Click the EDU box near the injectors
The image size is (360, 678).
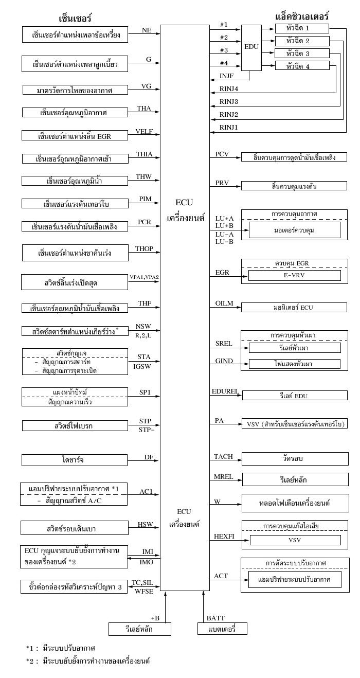tap(251, 47)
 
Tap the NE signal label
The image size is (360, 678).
tap(146, 31)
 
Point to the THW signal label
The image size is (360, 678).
tap(143, 177)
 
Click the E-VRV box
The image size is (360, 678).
tap(295, 276)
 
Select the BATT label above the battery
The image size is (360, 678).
tap(215, 618)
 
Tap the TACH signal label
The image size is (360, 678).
tap(224, 457)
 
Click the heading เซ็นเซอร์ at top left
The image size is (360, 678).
tap(75, 19)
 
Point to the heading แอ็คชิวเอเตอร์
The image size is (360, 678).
tap(302, 16)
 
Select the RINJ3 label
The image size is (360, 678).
tap(229, 101)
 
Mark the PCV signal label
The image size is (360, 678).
tap(222, 154)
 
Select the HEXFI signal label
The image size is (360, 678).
tap(225, 537)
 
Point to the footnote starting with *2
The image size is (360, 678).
tap(88, 661)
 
